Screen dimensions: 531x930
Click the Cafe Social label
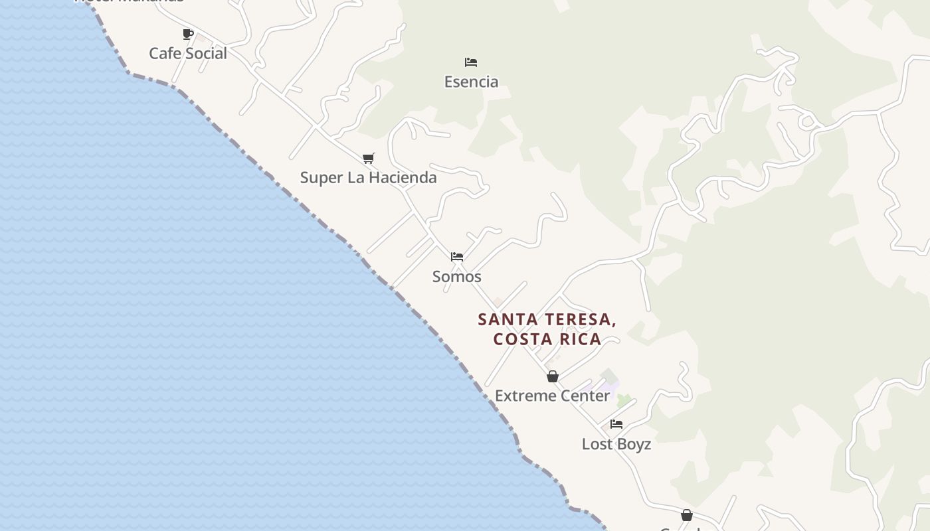(x=187, y=53)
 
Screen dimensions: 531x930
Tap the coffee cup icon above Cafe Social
(x=188, y=34)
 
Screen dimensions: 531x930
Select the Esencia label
(x=471, y=82)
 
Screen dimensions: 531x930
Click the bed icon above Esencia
(x=471, y=62)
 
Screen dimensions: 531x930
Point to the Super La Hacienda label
(x=368, y=177)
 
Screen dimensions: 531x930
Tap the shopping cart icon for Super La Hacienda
(x=369, y=158)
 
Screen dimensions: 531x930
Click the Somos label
(x=456, y=276)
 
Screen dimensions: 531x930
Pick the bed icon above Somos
(x=457, y=257)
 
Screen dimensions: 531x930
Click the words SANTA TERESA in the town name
(x=547, y=319)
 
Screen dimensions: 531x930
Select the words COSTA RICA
(x=547, y=339)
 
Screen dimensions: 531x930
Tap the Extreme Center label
(x=552, y=396)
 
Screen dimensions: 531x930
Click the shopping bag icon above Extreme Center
(x=553, y=376)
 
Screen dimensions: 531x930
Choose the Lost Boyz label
(x=616, y=444)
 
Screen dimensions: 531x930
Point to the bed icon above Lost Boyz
(x=616, y=424)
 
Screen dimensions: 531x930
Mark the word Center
(x=585, y=396)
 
